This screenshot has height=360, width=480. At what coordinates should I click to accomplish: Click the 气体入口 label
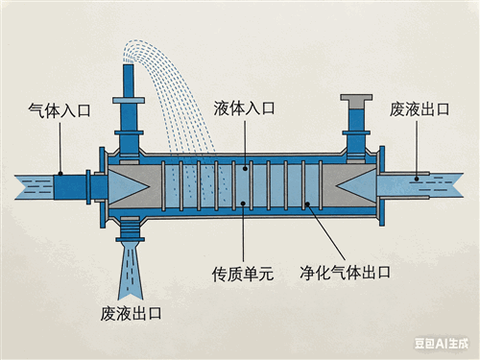pos(60,110)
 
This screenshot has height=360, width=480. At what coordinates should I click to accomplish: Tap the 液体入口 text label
pos(244,108)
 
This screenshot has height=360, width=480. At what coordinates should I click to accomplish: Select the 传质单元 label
pos(243,274)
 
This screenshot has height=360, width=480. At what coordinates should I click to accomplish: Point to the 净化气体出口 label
pos(346,273)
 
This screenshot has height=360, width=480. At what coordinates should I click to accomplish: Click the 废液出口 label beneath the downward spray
pos(131,313)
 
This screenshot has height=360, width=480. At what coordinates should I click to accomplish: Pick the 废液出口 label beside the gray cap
pos(420,109)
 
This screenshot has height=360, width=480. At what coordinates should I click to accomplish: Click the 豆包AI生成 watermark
pos(442,344)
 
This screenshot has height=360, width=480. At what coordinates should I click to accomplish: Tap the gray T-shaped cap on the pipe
pos(356,101)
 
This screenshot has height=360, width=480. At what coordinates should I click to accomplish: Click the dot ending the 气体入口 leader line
pos(60,174)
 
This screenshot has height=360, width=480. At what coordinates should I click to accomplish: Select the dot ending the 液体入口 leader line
pos(245,168)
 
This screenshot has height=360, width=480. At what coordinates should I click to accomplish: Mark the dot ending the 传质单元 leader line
pos(243,204)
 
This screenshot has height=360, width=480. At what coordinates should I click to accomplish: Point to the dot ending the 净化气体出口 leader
pos(307,204)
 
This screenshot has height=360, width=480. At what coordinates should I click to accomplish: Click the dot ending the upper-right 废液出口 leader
pos(417,179)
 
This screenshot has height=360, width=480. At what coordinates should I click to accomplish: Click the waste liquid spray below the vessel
pos(130,271)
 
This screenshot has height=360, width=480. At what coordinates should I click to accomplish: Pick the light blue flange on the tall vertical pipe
pos(129,101)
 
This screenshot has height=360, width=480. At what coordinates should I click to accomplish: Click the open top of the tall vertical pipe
pos(129,65)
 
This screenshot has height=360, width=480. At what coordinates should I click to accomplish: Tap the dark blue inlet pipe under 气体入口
pos(70,186)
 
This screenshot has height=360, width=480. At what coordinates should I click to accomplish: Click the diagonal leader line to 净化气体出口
pos(326,231)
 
